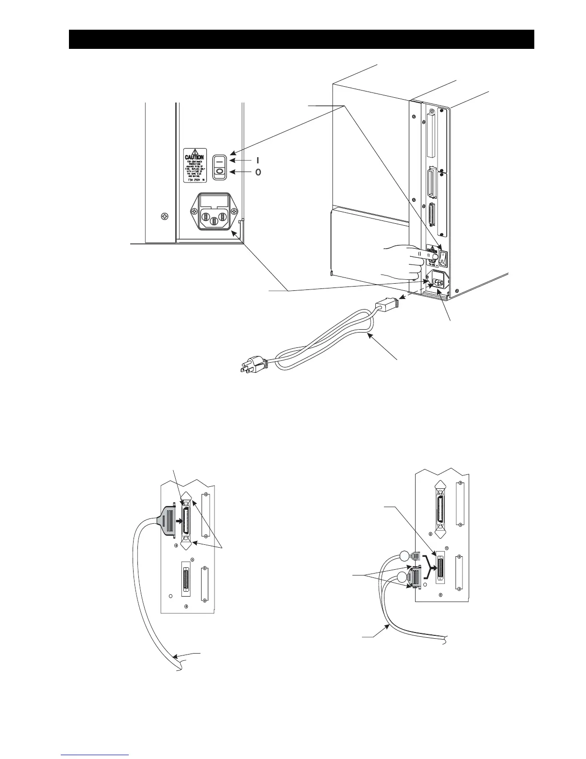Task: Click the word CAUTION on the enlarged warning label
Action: (194, 157)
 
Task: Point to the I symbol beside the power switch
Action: (258, 161)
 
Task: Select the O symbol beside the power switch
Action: (258, 172)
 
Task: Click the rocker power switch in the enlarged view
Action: (220, 167)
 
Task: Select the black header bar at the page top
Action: (301, 39)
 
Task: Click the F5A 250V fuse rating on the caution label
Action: (194, 180)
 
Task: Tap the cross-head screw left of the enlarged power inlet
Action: (165, 217)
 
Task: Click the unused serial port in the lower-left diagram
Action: (186, 578)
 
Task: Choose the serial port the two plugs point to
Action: (439, 567)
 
